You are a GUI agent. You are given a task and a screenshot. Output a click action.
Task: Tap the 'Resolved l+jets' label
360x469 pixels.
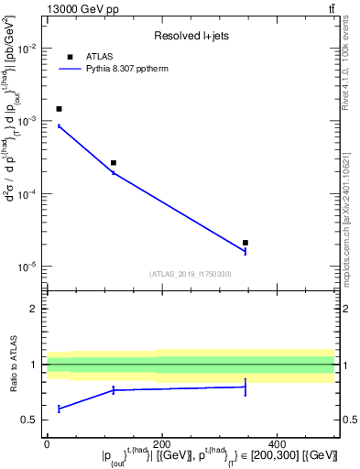pyautogui.click(x=191, y=36)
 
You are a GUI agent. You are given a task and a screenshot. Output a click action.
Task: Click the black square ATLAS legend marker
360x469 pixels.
pyautogui.click(x=70, y=57)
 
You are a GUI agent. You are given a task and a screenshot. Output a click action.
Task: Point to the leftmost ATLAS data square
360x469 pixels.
pyautogui.click(x=59, y=109)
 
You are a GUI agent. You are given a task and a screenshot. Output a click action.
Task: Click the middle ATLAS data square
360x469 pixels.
pyautogui.click(x=113, y=163)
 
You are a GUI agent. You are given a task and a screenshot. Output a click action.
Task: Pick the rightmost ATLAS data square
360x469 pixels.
pyautogui.click(x=245, y=243)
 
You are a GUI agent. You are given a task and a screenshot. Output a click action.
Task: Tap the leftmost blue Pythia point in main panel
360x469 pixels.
pyautogui.click(x=59, y=125)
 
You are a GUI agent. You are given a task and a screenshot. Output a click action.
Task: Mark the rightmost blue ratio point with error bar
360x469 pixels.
pyautogui.click(x=245, y=387)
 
